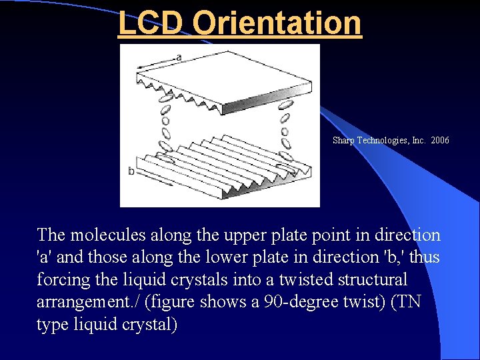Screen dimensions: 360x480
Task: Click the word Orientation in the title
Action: [x=277, y=22]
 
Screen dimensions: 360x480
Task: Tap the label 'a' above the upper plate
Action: [x=178, y=57]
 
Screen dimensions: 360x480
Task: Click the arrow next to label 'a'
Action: [x=156, y=63]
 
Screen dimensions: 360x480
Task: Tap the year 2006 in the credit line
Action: [x=440, y=141]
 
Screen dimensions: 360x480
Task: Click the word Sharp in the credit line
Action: [x=343, y=141]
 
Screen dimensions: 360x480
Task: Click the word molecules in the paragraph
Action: [x=105, y=235]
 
